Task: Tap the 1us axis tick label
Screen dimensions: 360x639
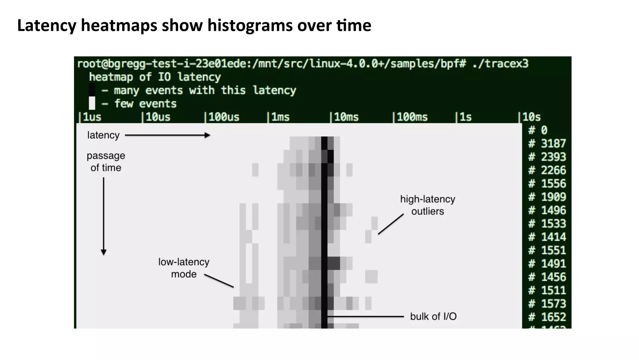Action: [91, 117]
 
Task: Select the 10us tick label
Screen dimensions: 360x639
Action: [158, 117]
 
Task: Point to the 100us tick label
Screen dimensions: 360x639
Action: [223, 117]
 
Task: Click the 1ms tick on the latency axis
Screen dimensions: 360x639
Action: [280, 117]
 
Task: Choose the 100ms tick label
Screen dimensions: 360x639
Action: [412, 117]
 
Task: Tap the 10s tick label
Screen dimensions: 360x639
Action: [531, 117]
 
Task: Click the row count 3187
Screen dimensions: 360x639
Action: [553, 144]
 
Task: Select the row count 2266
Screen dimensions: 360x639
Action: [553, 170]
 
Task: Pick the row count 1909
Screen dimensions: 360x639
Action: [553, 197]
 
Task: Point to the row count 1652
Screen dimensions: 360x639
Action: [553, 317]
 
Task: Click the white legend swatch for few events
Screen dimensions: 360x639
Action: [92, 103]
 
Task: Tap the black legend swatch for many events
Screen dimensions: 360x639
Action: [92, 90]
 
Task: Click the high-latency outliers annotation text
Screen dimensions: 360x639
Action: [427, 205]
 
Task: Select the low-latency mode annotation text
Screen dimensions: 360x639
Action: [184, 268]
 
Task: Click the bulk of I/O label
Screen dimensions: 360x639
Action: [433, 317]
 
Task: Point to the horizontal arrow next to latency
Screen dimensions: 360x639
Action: [168, 135]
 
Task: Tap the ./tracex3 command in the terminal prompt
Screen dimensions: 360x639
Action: [500, 64]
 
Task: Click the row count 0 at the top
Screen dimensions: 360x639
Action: [544, 130]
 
